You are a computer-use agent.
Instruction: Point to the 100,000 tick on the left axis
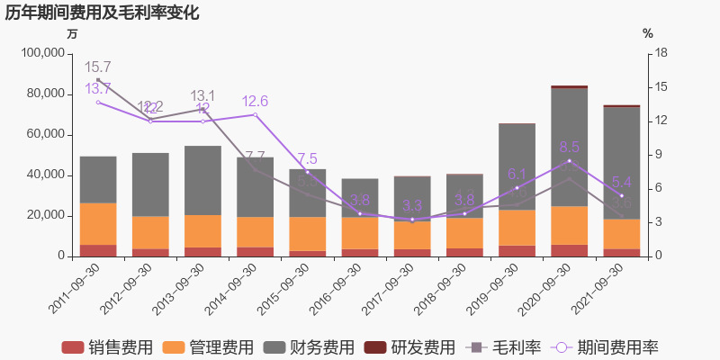42,53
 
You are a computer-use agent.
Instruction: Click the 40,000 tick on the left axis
46,175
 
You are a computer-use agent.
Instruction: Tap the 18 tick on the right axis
661,53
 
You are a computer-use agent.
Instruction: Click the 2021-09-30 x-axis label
597,286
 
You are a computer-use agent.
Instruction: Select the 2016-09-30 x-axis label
335,286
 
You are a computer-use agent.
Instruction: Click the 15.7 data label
97,67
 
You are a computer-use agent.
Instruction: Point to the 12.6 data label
255,101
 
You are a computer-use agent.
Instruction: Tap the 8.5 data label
570,147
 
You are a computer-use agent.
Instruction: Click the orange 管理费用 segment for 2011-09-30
98,224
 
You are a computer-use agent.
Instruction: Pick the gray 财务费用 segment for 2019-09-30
517,166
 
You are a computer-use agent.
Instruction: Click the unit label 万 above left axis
72,33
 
